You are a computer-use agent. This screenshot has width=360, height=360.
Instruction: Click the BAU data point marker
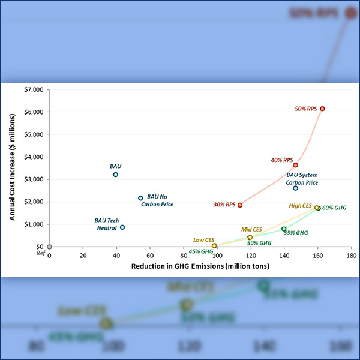click(115, 175)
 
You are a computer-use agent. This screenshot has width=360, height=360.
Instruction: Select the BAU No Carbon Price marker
click(140, 198)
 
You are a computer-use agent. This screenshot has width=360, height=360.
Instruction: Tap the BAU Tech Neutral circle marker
click(122, 227)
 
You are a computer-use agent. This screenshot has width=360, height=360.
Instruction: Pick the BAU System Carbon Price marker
click(295, 188)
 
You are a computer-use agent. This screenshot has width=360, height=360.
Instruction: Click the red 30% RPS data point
click(240, 205)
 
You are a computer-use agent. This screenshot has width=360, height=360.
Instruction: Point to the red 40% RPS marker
click(295, 165)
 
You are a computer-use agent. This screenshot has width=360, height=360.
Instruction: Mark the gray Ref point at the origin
click(50, 247)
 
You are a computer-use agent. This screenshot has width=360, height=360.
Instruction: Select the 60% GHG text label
click(334, 208)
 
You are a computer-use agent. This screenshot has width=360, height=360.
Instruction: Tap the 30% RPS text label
click(224, 205)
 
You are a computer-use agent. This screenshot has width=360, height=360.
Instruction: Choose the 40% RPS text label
click(281, 160)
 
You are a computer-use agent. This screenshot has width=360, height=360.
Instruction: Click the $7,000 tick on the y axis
click(34, 89)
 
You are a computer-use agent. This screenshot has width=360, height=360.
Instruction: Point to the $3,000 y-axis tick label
click(34, 179)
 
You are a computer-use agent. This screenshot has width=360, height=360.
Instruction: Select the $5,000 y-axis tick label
click(34, 134)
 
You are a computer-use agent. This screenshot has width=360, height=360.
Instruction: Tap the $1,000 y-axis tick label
click(34, 224)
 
